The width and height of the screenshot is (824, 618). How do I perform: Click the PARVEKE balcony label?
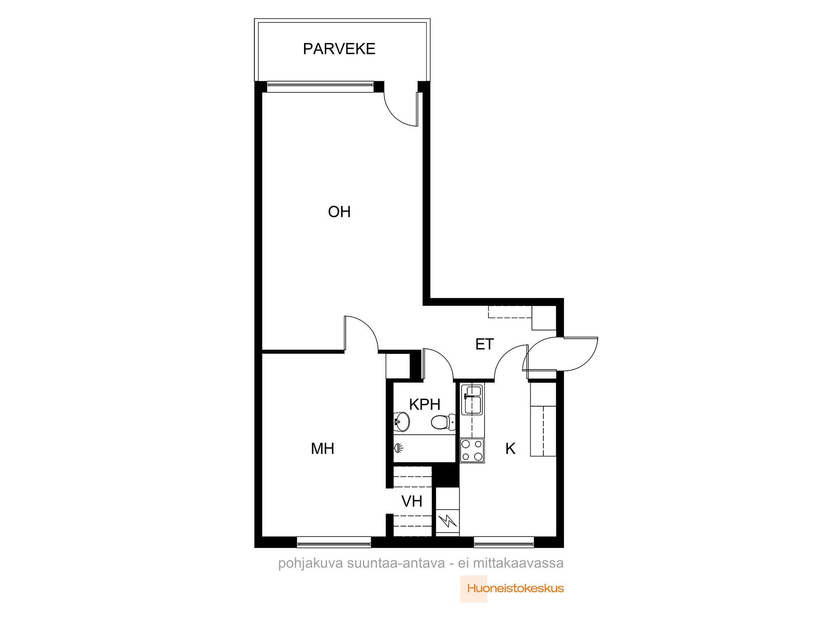click(x=339, y=49)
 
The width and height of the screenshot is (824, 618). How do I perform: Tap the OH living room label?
click(x=339, y=212)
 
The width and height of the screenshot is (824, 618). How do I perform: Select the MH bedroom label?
click(x=323, y=449)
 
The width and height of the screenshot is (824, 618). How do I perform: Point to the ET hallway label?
click(x=484, y=344)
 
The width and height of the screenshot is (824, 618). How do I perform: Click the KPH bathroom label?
click(x=425, y=405)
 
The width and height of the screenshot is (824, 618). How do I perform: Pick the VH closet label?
click(x=412, y=501)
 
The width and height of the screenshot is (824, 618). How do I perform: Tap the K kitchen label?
click(x=510, y=449)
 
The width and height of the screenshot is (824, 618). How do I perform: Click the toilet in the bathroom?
click(x=443, y=422)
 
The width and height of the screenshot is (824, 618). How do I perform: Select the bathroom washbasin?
click(x=401, y=421)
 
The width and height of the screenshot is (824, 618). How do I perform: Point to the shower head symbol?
click(x=398, y=448)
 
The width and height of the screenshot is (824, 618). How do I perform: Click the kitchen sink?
click(x=472, y=400)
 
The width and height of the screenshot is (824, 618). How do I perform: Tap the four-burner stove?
click(x=472, y=451)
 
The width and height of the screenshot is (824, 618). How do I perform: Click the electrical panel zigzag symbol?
click(x=447, y=521)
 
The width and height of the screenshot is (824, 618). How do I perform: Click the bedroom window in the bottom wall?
click(x=334, y=542)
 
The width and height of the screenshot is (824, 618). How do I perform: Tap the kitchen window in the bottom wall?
click(x=504, y=542)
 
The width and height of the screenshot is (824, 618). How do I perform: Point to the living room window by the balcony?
click(x=320, y=87)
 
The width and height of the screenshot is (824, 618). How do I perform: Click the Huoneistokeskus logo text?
click(x=515, y=588)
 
